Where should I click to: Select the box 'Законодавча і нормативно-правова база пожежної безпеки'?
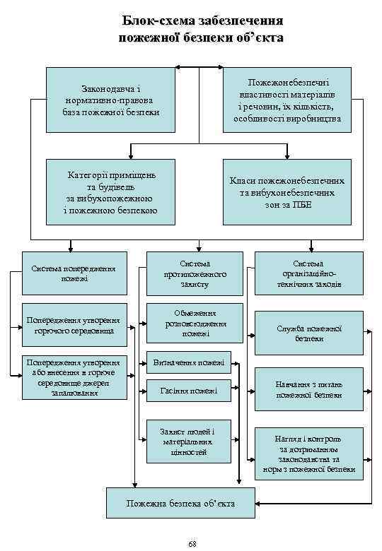pos(110,100)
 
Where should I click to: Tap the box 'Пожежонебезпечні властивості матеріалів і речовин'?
pos(287,100)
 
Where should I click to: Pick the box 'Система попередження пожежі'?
pos(74,273)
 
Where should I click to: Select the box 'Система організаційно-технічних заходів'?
pos(310,273)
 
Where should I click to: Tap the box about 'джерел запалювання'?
pos(74,378)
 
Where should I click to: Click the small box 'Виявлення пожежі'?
pos(188,363)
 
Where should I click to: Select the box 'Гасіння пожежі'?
pos(188,391)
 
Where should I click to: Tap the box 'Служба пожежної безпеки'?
pos(309,333)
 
